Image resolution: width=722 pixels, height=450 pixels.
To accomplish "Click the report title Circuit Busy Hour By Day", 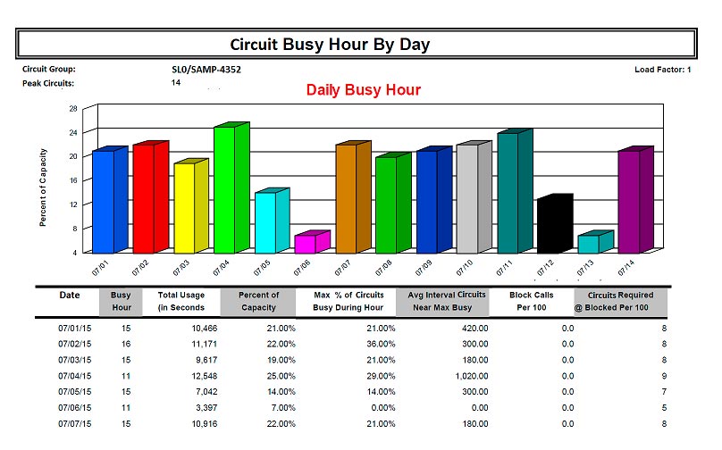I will point(331,44).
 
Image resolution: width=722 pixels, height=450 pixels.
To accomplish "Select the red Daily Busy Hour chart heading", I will point(363,90).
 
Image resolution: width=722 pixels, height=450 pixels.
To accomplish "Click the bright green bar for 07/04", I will point(223,189).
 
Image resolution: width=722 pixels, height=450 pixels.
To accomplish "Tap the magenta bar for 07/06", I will point(305,243).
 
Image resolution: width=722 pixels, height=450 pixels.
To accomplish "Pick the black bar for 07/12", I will point(549,226).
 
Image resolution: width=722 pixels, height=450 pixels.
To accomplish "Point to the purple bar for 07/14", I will point(629,202).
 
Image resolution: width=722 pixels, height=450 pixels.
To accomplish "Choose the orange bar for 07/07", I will point(346,199).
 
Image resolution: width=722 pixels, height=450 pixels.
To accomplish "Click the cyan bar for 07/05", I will point(265,222).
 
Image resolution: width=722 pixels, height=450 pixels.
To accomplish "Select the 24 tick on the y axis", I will point(72,132).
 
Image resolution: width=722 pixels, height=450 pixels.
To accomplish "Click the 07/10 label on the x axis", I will point(465,267).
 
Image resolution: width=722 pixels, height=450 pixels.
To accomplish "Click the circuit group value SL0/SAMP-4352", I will point(206,69).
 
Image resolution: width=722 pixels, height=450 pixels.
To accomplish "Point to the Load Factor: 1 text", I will point(663,69).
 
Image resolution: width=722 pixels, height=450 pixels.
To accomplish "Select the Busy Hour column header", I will point(121,301).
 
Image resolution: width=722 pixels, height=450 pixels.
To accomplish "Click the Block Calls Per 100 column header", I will point(533,301).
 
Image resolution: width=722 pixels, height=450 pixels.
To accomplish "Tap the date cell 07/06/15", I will point(75,409).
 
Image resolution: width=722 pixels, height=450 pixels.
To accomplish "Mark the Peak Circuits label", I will point(48,83).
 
